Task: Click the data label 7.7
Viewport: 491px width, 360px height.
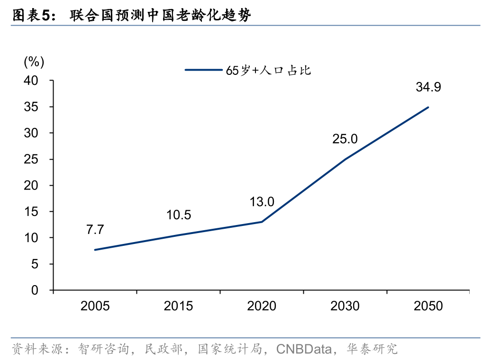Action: coord(95,230)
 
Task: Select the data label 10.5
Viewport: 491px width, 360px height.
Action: coord(178,215)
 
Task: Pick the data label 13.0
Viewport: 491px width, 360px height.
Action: coord(262,202)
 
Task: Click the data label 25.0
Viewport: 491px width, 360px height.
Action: coord(345,139)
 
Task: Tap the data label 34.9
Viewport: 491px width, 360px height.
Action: coord(428,87)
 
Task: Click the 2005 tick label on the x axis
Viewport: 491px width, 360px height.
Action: coord(95,306)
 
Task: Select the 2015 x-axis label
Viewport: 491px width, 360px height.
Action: coord(178,306)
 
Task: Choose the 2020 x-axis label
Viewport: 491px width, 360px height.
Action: coord(262,306)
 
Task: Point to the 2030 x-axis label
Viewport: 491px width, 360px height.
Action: coord(345,306)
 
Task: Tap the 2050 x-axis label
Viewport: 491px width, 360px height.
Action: coord(428,306)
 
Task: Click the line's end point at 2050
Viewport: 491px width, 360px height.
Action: coord(428,108)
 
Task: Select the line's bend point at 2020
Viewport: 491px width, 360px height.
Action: coord(262,222)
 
